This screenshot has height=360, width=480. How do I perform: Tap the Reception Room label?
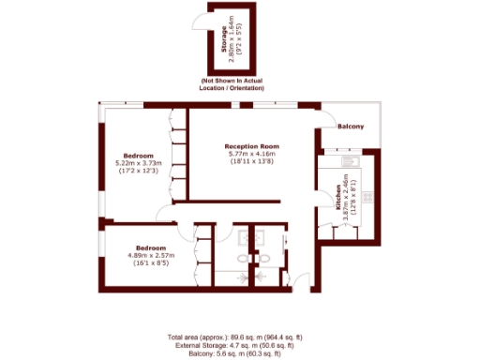coord(252,146)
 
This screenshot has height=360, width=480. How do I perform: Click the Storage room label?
coord(223,44)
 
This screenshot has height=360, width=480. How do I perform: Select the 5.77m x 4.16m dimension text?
coord(252,154)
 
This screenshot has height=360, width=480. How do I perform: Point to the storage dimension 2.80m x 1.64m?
coord(231,44)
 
